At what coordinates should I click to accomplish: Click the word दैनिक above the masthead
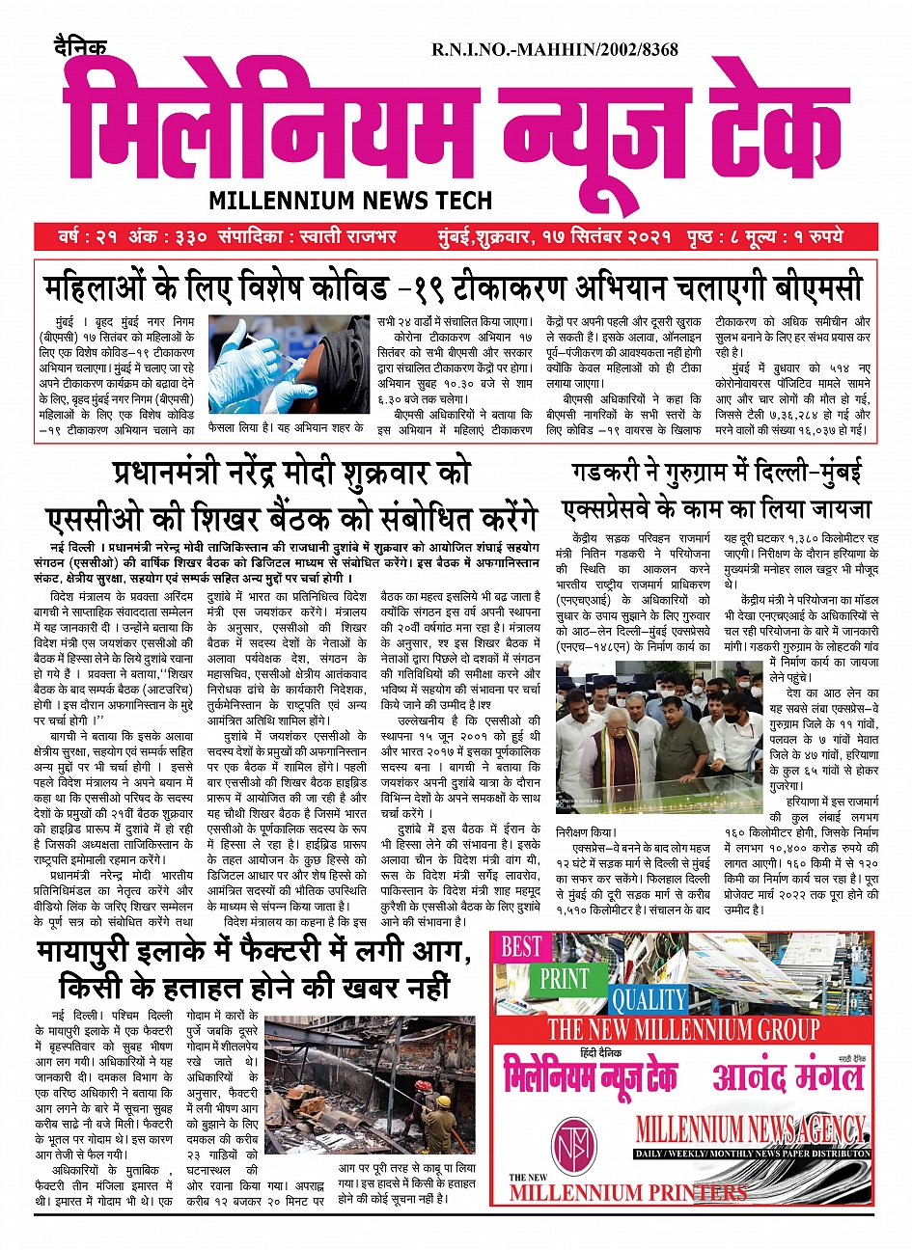point(80,46)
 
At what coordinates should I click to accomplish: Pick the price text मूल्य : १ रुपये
point(798,236)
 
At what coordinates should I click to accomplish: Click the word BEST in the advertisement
point(522,946)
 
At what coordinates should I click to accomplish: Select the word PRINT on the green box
point(564,978)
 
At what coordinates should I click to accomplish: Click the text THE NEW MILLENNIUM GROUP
point(683,1029)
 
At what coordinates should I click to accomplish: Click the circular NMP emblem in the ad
point(576,1147)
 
